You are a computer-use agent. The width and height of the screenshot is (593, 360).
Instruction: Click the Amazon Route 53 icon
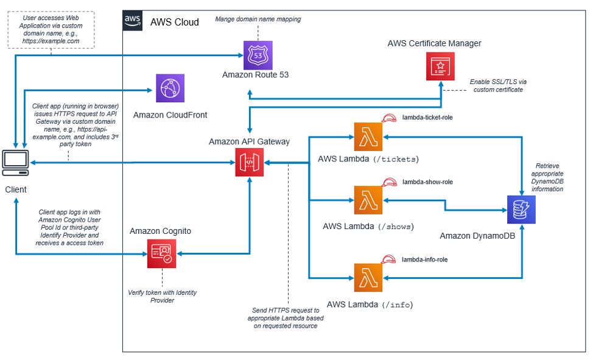(x=258, y=55)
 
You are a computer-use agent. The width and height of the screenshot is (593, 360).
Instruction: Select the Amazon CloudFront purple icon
(x=170, y=89)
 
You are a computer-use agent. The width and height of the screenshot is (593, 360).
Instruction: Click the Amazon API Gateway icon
(x=249, y=163)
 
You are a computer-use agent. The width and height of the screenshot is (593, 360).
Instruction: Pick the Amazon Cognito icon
(x=161, y=253)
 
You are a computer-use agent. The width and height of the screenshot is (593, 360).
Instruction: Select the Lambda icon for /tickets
(x=368, y=136)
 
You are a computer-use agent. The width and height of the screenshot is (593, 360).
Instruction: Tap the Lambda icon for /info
(x=368, y=278)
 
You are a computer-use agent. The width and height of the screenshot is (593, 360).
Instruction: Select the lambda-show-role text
(x=427, y=182)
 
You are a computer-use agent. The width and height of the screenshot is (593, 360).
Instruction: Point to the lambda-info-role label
(x=424, y=259)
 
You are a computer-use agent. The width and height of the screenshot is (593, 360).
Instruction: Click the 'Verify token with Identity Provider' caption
(x=162, y=296)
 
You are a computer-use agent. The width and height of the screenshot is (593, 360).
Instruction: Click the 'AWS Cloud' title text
(x=175, y=22)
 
